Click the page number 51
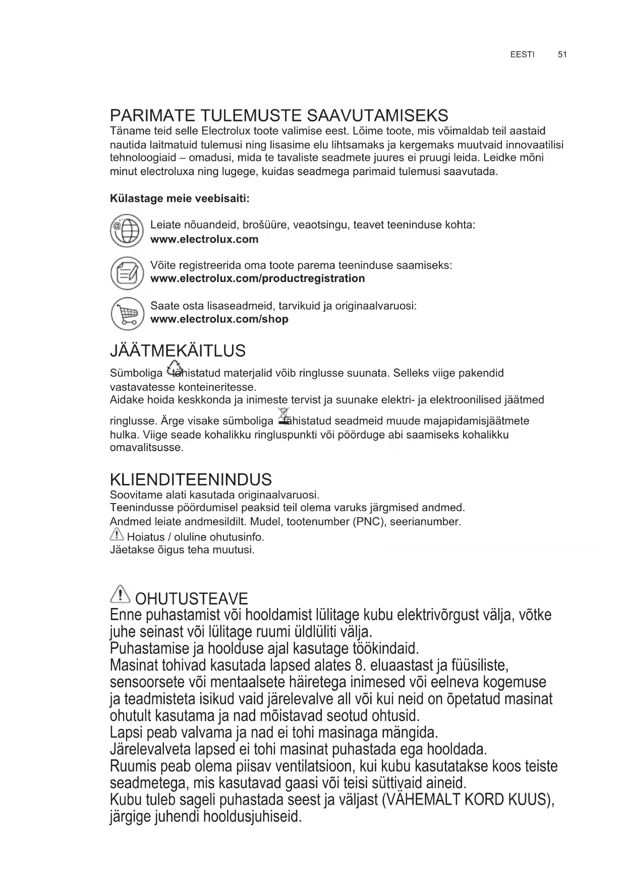tap(562, 54)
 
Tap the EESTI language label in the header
tap(522, 54)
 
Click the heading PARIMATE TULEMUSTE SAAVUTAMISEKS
tap(279, 116)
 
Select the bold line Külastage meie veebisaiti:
tap(180, 198)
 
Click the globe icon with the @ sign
tap(127, 232)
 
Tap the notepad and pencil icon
tap(127, 273)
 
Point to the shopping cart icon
tap(127, 313)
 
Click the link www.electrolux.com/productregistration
tap(257, 279)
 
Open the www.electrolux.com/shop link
tap(219, 319)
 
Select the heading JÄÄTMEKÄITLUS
tap(178, 351)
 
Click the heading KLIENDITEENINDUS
tap(191, 479)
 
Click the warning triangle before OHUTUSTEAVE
tap(120, 594)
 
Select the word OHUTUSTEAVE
tap(192, 599)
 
